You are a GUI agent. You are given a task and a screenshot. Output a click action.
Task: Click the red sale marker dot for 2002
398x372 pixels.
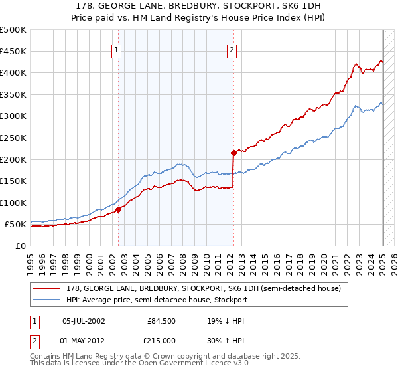(118, 209)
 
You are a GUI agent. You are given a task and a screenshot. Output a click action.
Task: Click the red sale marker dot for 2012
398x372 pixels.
(233, 153)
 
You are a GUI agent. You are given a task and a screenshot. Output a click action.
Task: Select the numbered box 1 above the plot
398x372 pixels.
(117, 50)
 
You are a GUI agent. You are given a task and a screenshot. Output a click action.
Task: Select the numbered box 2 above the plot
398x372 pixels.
(232, 50)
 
